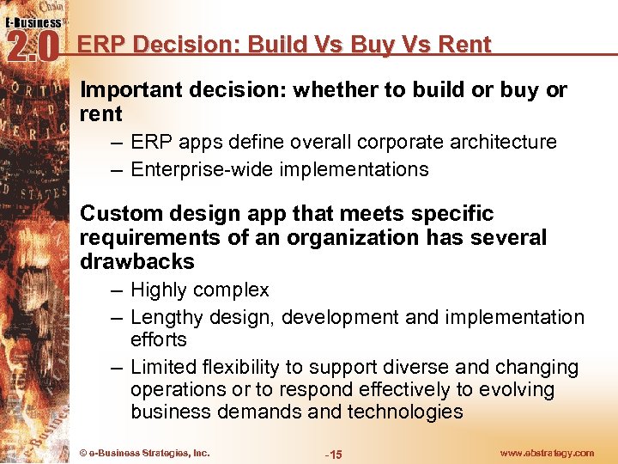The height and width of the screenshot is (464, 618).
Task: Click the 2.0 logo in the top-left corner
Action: click(32, 45)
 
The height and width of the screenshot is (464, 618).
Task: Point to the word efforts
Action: click(159, 339)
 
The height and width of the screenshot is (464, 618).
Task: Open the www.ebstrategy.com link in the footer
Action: click(546, 453)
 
